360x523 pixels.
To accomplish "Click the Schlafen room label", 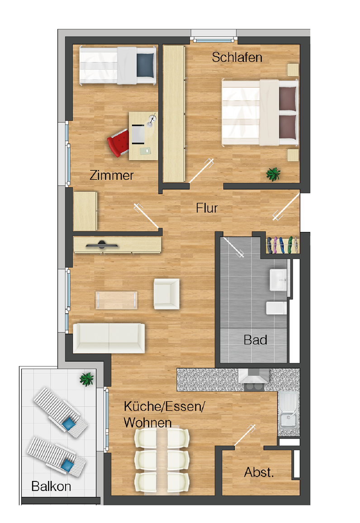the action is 237,57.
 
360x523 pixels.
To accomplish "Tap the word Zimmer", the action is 111,175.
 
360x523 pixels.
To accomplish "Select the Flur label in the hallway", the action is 207,208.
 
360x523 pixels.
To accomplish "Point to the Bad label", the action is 255,340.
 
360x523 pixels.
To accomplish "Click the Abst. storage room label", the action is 259,472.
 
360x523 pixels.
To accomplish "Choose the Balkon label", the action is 51,486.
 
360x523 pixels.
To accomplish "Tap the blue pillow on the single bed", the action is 146,65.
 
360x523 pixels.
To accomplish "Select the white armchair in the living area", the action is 166,294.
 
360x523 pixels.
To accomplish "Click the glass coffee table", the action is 116,300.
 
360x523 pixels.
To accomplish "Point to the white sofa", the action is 109,338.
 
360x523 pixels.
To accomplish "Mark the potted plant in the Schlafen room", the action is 273,174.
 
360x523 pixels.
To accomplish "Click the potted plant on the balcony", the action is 87,379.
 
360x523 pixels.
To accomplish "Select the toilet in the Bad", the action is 277,308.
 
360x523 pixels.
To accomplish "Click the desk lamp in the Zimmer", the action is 152,120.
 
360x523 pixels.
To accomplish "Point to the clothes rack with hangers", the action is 282,245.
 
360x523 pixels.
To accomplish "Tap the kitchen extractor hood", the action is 254,376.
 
